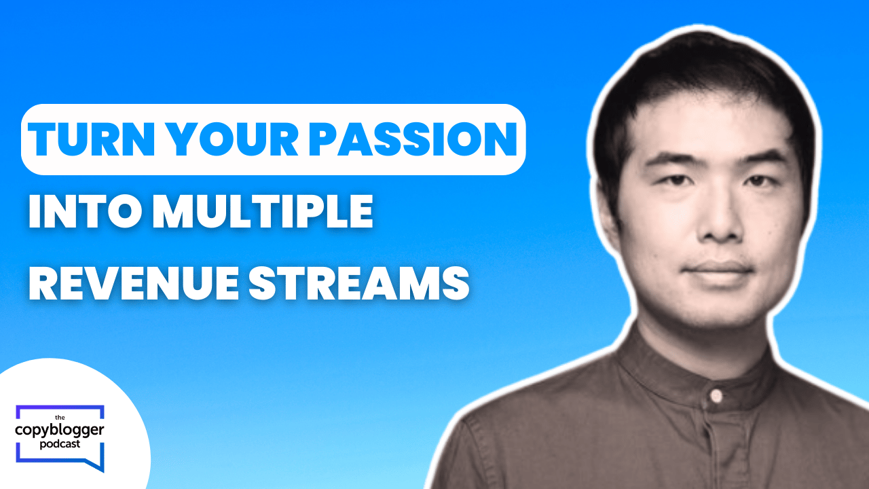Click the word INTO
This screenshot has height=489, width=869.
(x=85, y=211)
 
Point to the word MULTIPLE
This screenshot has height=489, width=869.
(x=263, y=211)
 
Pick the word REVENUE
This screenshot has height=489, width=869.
(x=134, y=283)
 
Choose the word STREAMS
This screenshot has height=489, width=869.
(x=359, y=283)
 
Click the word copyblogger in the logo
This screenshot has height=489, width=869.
(x=60, y=431)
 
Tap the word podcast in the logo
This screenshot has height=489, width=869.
(x=60, y=444)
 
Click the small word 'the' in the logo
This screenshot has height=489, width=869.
(x=60, y=418)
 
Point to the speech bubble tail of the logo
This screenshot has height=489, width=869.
(x=96, y=464)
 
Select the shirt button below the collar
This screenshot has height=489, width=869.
(x=716, y=396)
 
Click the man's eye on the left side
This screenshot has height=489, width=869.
(x=676, y=180)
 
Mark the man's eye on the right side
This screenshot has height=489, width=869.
(x=759, y=181)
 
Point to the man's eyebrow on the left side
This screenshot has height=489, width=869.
(x=671, y=159)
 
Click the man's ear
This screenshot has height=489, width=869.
(x=608, y=217)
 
